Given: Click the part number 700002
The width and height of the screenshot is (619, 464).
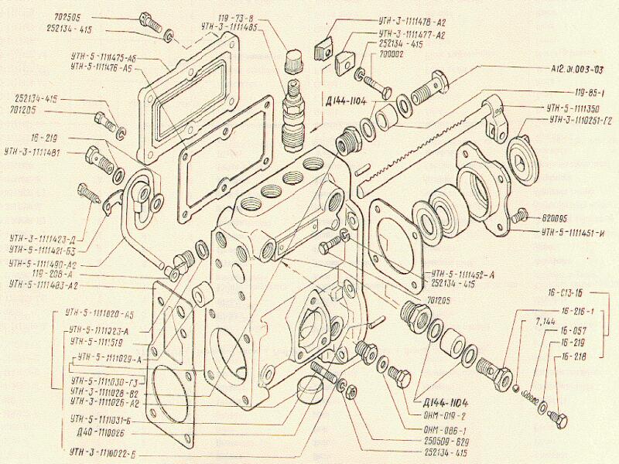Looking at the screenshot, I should (x=397, y=56).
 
